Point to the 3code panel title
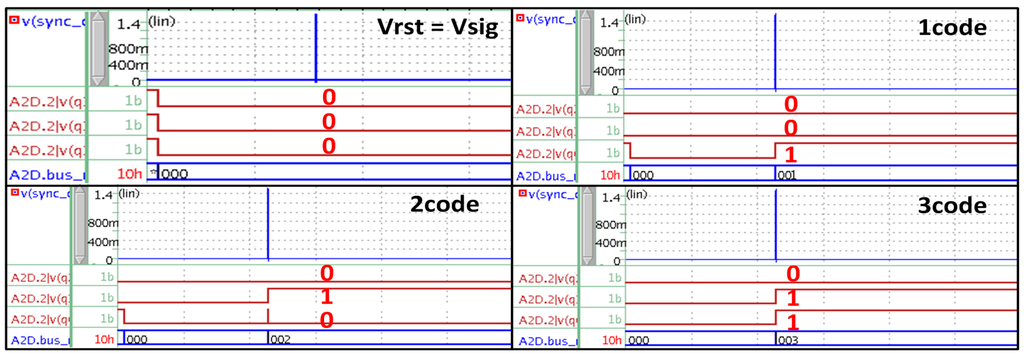[x=953, y=205]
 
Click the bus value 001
[x=788, y=173]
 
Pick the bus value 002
[x=281, y=340]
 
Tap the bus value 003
[x=788, y=340]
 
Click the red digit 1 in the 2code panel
[x=326, y=297]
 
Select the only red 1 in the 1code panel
[x=790, y=153]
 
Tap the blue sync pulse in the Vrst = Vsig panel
[x=316, y=48]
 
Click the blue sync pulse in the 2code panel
[x=268, y=225]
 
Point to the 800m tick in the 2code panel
[x=103, y=224]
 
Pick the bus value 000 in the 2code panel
[x=137, y=340]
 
